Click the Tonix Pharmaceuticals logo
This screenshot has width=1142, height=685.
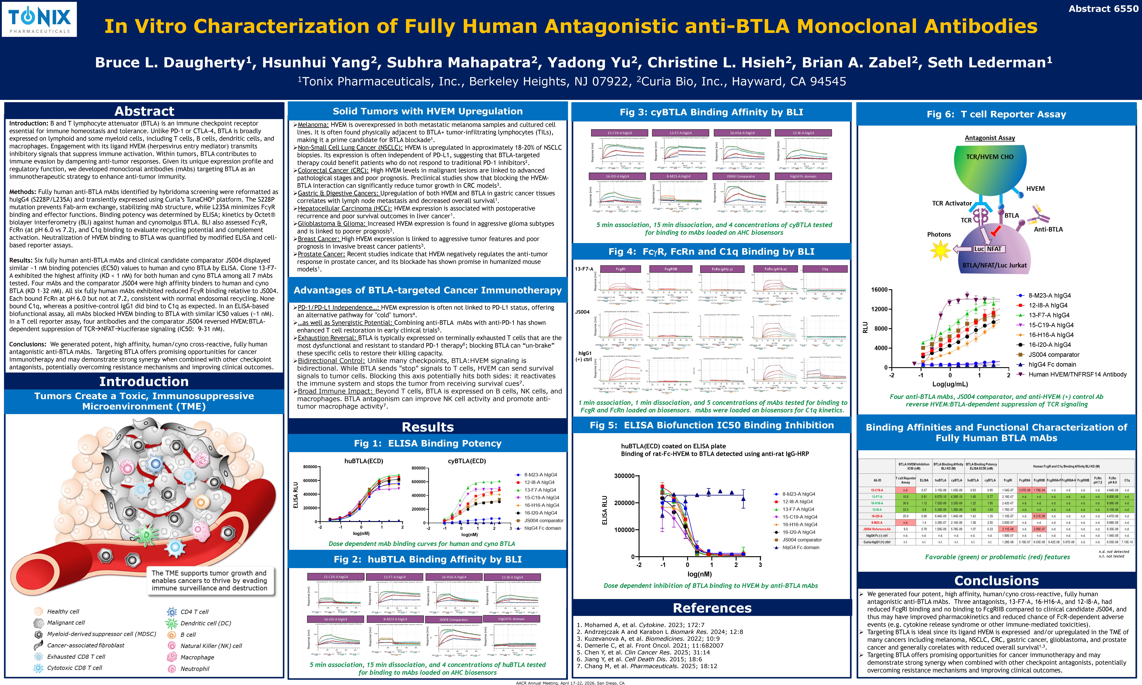(39, 19)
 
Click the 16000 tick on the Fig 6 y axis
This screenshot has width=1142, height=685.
(879, 290)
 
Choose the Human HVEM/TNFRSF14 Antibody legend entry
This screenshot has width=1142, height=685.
(1077, 374)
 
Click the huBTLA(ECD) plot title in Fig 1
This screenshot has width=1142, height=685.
(364, 461)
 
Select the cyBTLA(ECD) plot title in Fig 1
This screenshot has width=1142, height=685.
(467, 461)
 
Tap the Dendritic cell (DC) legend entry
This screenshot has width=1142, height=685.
(205, 623)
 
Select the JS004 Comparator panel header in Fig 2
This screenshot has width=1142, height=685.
(453, 619)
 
